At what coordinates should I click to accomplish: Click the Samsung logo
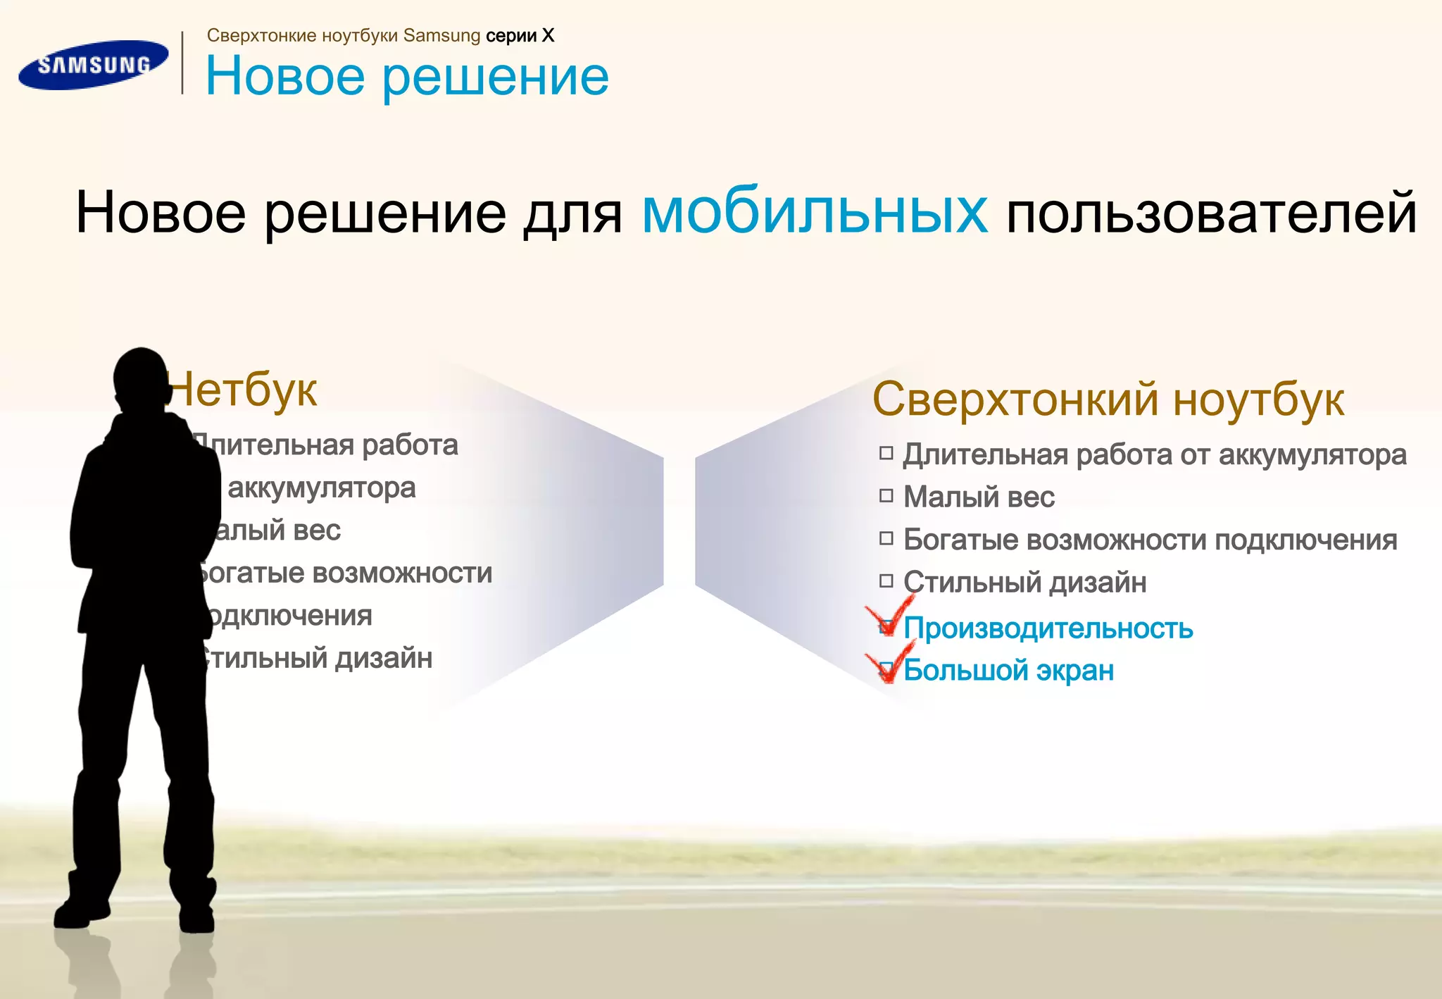(93, 65)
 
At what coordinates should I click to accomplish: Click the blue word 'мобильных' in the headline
(815, 211)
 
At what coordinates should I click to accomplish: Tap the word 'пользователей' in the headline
(1211, 213)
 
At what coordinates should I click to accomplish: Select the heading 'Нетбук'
(244, 390)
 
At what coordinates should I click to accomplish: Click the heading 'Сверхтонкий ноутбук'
(1108, 399)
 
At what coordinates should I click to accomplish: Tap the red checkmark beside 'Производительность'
(890, 616)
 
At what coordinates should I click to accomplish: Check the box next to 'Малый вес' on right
(886, 496)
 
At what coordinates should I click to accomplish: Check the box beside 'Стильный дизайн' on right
(886, 581)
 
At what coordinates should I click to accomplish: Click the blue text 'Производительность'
(1048, 628)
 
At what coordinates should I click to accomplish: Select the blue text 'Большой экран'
(1008, 670)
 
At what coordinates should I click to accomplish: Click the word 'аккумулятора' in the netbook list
(322, 488)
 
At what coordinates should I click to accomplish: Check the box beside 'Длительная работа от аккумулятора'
(886, 453)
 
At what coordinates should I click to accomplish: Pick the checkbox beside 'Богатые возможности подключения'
(886, 539)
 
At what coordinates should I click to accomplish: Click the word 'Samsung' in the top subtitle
(441, 36)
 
